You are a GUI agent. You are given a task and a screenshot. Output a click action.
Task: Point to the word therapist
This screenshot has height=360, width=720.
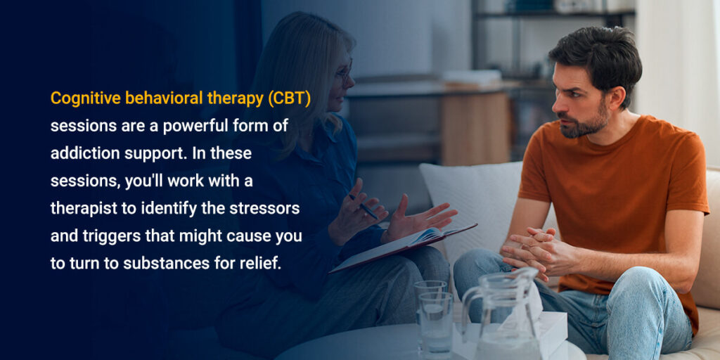pyautogui.click(x=86, y=208)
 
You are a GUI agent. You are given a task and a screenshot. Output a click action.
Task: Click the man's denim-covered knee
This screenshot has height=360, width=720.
pyautogui.click(x=485, y=271)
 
